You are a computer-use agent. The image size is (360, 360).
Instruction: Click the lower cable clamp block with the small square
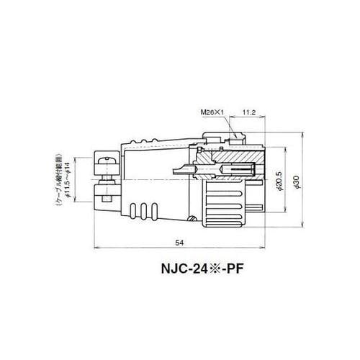(105, 194)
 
